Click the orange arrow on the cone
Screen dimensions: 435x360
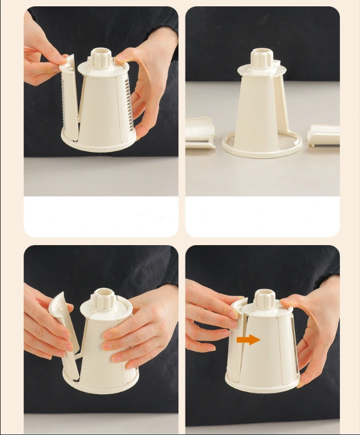[x=248, y=340]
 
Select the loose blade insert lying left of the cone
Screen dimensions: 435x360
[x=200, y=132]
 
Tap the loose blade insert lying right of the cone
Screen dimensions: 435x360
[x=324, y=135]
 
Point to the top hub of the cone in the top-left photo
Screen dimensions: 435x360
[x=102, y=58]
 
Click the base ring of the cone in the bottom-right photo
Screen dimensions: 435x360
[x=262, y=384]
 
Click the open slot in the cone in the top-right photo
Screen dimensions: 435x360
[x=280, y=104]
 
